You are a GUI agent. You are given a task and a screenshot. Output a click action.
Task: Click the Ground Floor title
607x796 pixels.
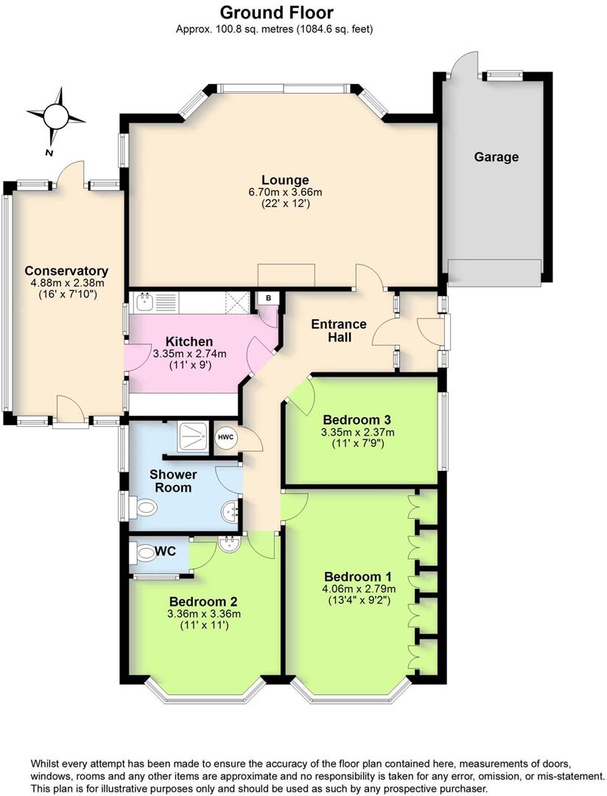pos(276,13)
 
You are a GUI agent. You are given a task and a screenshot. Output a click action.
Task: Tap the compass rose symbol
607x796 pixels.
pos(56,116)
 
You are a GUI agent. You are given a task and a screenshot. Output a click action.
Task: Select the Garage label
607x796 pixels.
pos(496,157)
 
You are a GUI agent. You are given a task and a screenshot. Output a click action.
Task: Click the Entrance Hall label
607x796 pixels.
pos(338,331)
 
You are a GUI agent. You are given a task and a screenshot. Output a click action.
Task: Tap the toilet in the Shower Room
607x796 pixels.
pos(144,507)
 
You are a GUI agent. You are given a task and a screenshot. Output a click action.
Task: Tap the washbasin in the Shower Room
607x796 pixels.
pos(231,510)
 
